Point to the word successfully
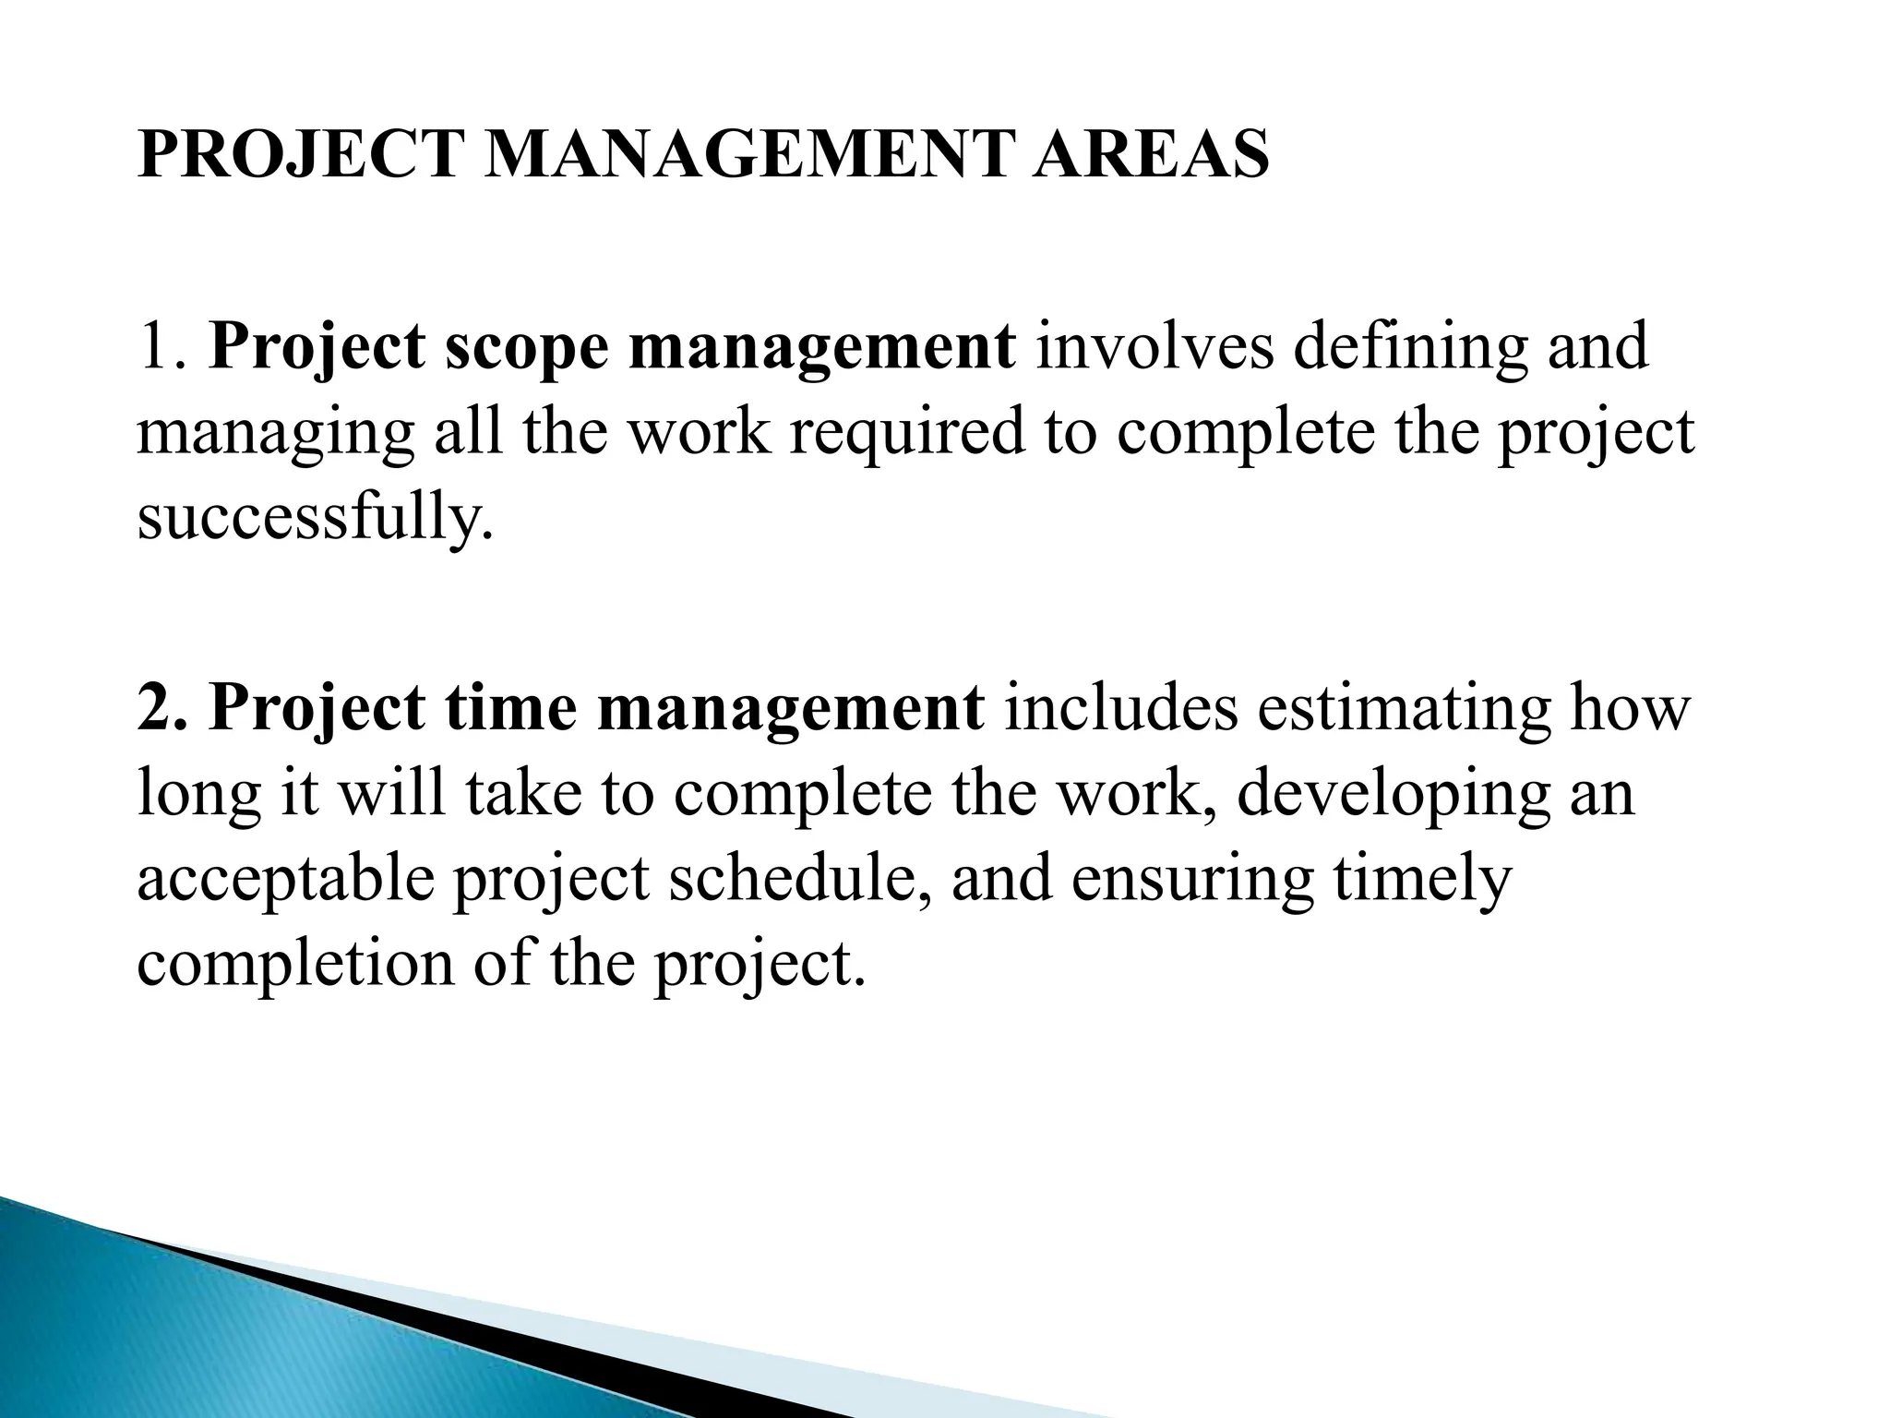(x=310, y=517)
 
